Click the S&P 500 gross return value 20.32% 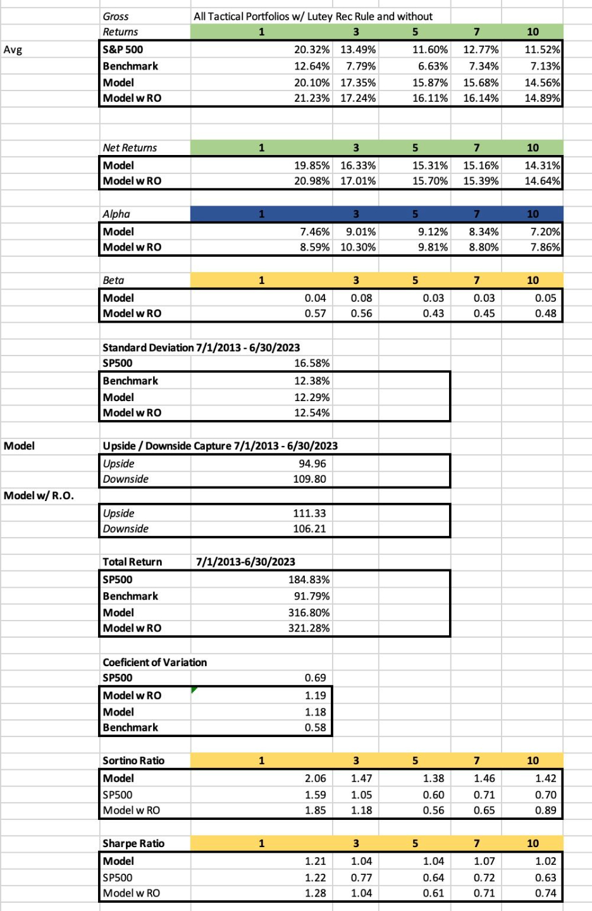click(311, 49)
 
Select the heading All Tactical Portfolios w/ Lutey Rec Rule click(313, 16)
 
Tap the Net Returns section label click(130, 147)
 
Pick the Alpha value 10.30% click(358, 247)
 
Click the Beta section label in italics click(114, 280)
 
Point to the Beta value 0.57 click(315, 314)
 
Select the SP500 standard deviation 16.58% click(311, 363)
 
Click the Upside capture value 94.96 click(312, 463)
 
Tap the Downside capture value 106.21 click(309, 529)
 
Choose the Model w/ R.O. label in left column click(39, 495)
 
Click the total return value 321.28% click(309, 628)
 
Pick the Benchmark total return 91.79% click(311, 596)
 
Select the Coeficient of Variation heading click(154, 662)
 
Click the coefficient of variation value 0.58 click(315, 728)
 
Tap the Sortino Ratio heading click(133, 760)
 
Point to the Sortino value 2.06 click(315, 778)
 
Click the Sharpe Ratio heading click(133, 843)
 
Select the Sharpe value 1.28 click(315, 893)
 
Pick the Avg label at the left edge click(13, 49)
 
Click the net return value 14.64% click(542, 181)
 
